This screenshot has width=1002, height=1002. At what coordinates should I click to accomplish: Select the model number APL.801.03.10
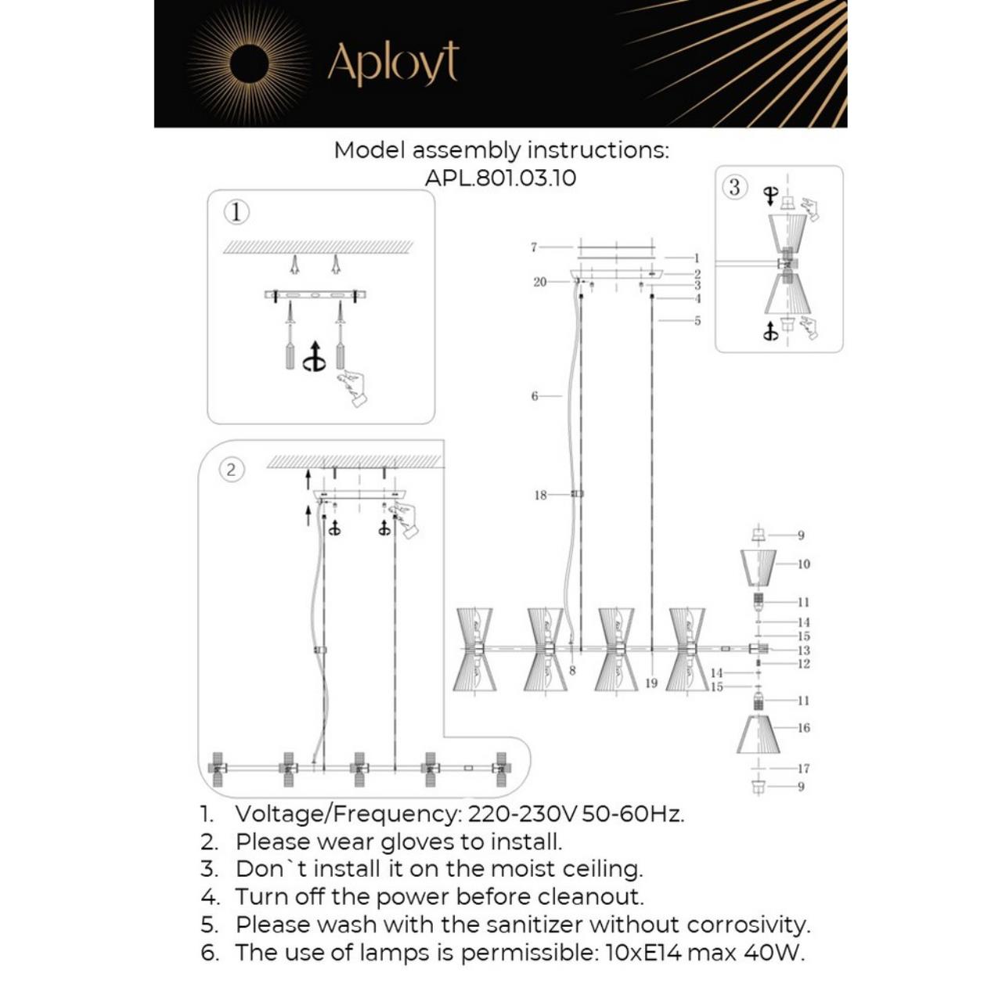(x=500, y=178)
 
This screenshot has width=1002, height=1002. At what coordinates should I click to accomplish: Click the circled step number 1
(x=236, y=212)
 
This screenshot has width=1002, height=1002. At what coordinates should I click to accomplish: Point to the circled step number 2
(x=231, y=470)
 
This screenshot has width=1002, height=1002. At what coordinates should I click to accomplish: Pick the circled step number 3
(x=734, y=187)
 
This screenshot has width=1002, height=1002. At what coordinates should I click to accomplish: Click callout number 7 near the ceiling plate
(x=534, y=247)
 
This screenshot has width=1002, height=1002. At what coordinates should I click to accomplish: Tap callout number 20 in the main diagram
(x=539, y=282)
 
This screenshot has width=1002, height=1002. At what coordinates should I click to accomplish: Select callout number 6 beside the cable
(x=535, y=396)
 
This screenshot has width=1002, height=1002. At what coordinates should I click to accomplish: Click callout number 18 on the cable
(x=540, y=495)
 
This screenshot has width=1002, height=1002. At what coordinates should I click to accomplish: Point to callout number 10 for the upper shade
(x=803, y=564)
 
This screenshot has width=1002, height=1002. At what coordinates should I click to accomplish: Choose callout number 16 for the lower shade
(x=803, y=727)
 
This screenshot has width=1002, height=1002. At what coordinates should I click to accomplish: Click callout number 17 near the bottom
(x=803, y=769)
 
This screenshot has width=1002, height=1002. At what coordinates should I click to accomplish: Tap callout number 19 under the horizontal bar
(x=651, y=683)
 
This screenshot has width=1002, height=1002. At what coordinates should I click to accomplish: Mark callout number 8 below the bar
(x=572, y=671)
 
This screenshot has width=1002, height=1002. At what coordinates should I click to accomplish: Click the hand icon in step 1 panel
(x=353, y=388)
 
